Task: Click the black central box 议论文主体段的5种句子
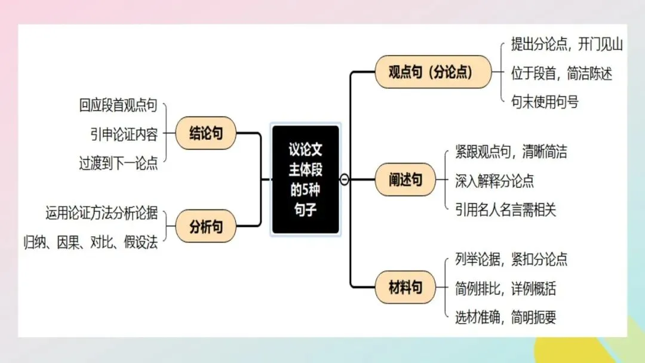pos(305,179)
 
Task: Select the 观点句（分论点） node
pos(432,72)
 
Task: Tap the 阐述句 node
pos(405,180)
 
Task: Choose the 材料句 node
pos(405,287)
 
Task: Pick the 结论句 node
pos(205,133)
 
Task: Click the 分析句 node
pos(205,226)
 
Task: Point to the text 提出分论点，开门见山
pos(567,45)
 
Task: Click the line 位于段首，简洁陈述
pos(561,73)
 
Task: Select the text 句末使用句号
pos(545,101)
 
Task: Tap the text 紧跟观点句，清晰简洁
pos(511,152)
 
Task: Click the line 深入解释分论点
pos(494,180)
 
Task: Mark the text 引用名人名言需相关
pos(505,210)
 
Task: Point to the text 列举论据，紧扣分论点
pos(511,259)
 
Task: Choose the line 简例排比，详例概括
pos(505,288)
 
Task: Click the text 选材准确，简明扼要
pos(505,317)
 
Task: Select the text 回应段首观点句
pos(118,106)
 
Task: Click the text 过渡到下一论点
pos(118,163)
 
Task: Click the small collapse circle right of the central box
pos(345,179)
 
